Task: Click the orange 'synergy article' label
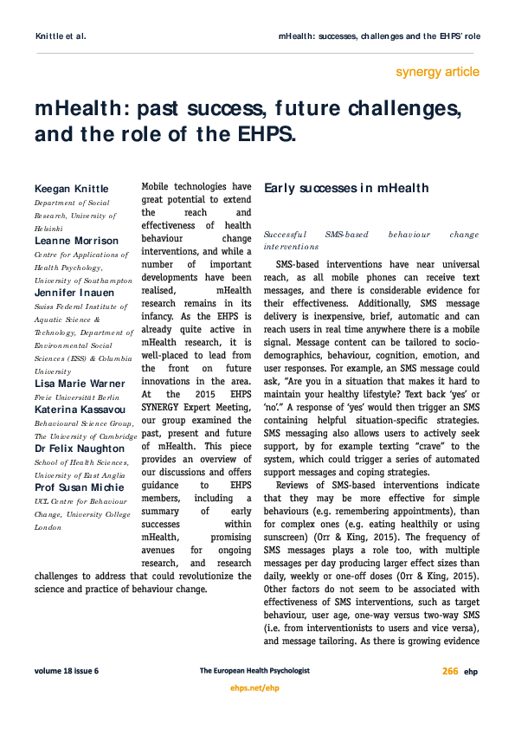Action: pyautogui.click(x=437, y=72)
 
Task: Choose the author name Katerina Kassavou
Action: pyautogui.click(x=78, y=410)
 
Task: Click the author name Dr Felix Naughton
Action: pyautogui.click(x=80, y=448)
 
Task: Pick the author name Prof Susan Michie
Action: pyautogui.click(x=79, y=487)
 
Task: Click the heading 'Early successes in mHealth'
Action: pyautogui.click(x=345, y=188)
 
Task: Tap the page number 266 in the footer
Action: pyautogui.click(x=450, y=671)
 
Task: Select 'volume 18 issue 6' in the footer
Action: pyautogui.click(x=67, y=671)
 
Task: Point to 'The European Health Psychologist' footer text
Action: pyautogui.click(x=257, y=671)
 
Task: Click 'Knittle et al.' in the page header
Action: pyautogui.click(x=60, y=37)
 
